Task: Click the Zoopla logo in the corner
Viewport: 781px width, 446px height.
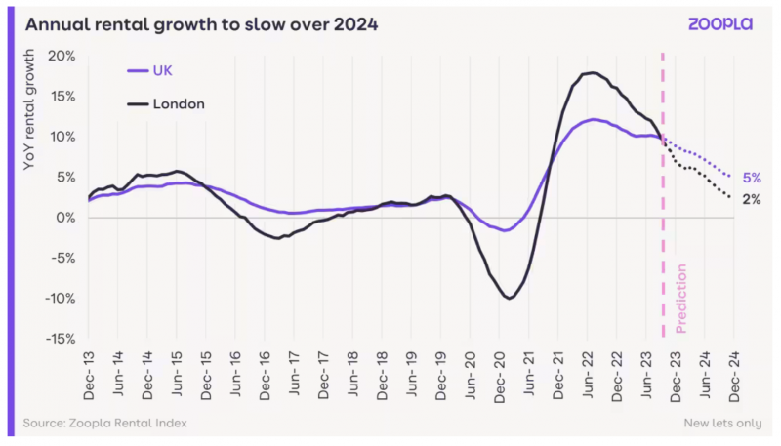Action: (719, 24)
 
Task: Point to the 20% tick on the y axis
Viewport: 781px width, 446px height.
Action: (62, 56)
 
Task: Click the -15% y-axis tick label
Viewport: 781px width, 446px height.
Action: (60, 339)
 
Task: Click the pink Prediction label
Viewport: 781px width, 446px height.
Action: (681, 297)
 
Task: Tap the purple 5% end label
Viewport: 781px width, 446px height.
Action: (751, 179)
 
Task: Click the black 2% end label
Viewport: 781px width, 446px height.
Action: (751, 200)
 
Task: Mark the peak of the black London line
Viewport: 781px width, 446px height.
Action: (591, 73)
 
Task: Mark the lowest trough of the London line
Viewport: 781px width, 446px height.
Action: (509, 298)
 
